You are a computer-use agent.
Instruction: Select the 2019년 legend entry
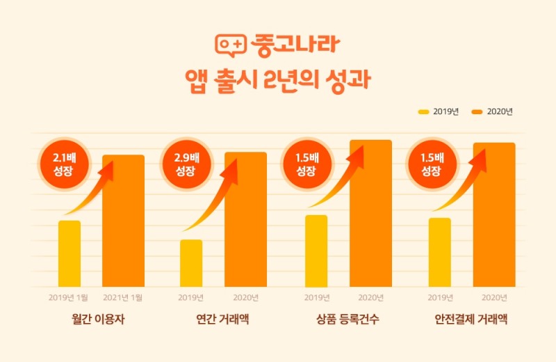(x=439, y=111)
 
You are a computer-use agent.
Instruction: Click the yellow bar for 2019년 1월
(x=69, y=253)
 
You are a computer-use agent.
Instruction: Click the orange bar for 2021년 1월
(x=123, y=221)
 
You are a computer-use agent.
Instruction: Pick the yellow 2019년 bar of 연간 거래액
(x=191, y=263)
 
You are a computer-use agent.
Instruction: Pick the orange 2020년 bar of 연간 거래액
(x=245, y=219)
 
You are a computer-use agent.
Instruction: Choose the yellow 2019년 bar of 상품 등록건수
(x=316, y=251)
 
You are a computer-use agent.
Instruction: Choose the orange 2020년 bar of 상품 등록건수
(x=370, y=213)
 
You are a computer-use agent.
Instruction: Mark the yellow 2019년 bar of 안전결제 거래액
(x=440, y=252)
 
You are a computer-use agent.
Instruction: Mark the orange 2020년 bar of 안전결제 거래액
(x=494, y=214)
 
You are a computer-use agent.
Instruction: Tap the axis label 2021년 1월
(x=123, y=297)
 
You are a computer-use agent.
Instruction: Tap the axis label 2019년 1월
(x=69, y=297)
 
